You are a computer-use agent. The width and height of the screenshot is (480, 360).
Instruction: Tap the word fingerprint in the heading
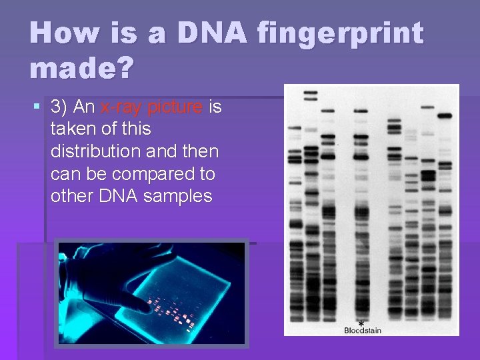pos(341,33)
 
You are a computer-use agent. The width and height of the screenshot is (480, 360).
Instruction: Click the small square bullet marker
pos(37,107)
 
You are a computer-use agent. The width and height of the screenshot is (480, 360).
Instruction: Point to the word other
pos(71,196)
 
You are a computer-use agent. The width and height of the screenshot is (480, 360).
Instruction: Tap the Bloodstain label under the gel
pos(363,330)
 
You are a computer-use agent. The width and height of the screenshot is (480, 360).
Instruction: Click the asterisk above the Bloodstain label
pos(361,322)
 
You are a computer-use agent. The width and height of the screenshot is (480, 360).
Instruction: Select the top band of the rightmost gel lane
pos(445,115)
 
